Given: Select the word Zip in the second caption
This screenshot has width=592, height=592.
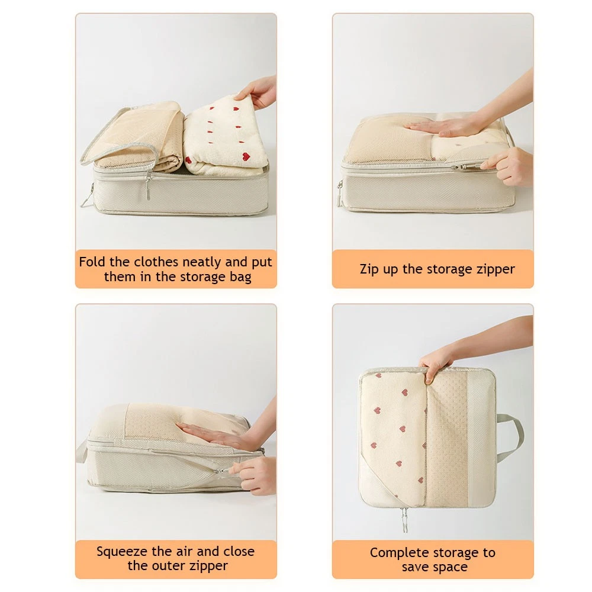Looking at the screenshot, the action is click(x=369, y=269).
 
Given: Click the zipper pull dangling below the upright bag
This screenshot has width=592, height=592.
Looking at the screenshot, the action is click(x=404, y=520).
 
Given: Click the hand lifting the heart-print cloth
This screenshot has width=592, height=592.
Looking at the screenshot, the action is click(x=257, y=92).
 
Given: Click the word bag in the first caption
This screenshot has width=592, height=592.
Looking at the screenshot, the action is click(x=240, y=277).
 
